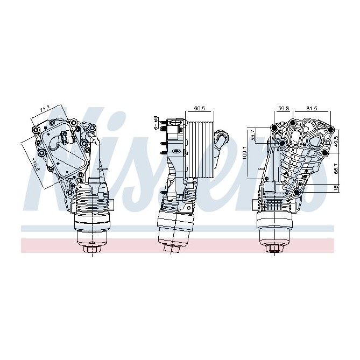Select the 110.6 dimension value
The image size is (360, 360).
pyautogui.click(x=34, y=161)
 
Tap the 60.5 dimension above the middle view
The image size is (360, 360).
pyautogui.click(x=199, y=109)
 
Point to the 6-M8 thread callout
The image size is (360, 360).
pyautogui.click(x=156, y=122)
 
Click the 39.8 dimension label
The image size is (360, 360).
pyautogui.click(x=284, y=109)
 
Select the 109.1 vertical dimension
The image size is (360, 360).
pyautogui.click(x=245, y=153)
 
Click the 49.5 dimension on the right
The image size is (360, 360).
pyautogui.click(x=336, y=141)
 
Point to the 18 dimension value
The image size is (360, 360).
pyautogui.click(x=336, y=188)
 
